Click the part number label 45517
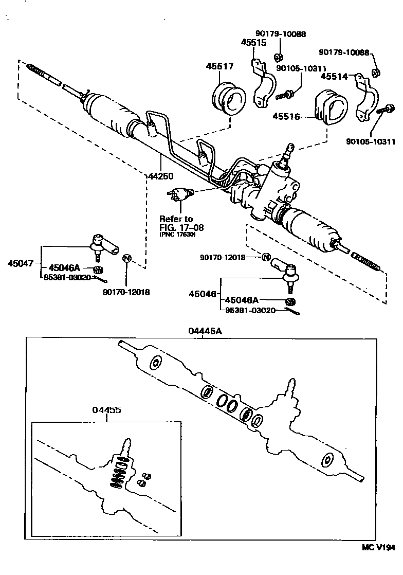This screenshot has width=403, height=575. click(x=220, y=66)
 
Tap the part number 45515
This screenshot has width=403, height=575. click(x=253, y=43)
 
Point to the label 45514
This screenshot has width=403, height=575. click(x=335, y=76)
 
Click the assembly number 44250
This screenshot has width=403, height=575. click(x=161, y=176)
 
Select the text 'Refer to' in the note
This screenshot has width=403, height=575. click(x=176, y=218)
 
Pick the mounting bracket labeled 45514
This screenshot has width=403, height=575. click(x=368, y=98)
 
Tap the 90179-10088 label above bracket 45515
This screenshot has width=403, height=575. click(x=281, y=34)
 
